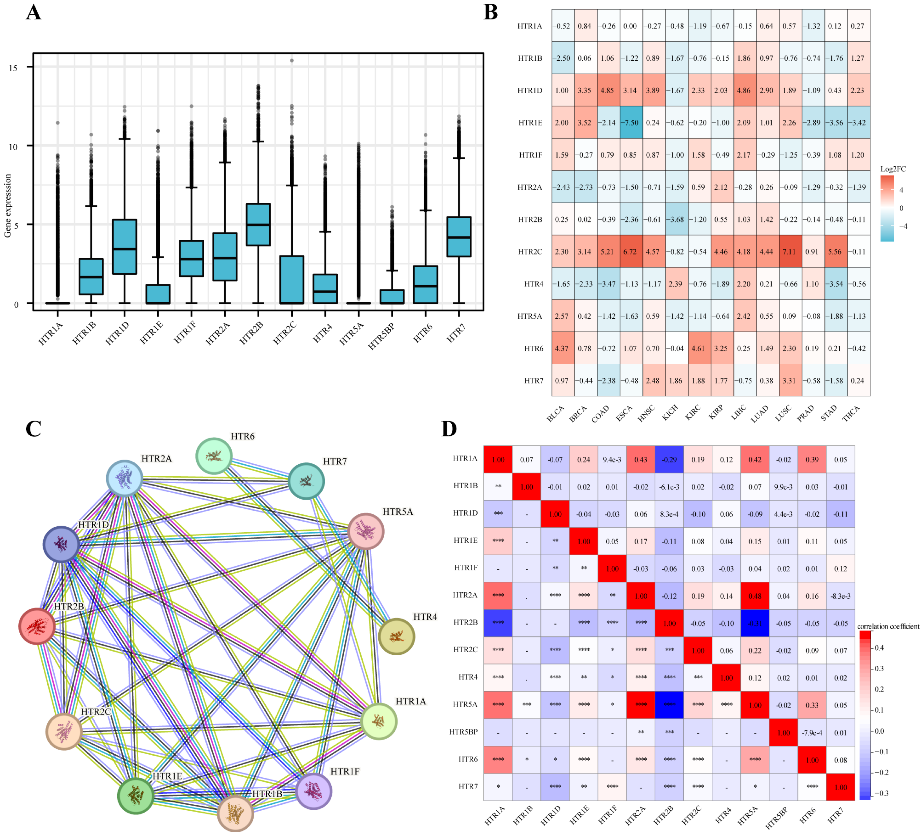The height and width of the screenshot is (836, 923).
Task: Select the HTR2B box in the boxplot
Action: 258,224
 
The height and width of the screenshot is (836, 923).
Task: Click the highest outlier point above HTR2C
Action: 292,60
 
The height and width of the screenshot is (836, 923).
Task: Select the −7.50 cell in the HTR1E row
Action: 631,123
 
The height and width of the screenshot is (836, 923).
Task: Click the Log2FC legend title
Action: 893,169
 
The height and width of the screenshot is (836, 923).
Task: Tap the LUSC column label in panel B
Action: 783,413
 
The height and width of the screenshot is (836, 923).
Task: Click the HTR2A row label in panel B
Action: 530,187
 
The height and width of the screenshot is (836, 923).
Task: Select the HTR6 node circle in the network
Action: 214,456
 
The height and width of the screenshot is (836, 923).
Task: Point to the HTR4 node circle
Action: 396,636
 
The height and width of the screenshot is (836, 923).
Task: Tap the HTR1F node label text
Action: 345,771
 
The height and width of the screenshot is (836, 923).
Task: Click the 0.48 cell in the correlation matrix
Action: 755,596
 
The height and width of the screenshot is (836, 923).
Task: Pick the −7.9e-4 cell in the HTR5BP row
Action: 812,733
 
